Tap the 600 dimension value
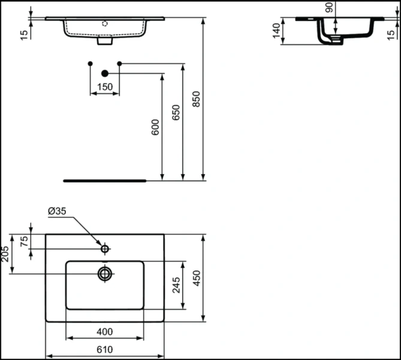click(155, 127)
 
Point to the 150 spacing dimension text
click(104, 87)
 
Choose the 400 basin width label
click(104, 332)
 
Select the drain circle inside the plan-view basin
click(105, 274)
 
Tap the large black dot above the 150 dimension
click(105, 73)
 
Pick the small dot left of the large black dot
click(90, 64)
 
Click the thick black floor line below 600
click(105, 179)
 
